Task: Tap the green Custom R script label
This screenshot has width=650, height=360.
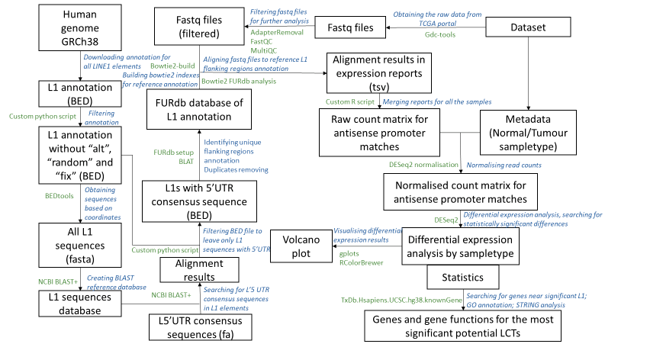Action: click(x=349, y=101)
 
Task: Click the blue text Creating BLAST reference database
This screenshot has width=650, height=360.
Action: click(x=117, y=282)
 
